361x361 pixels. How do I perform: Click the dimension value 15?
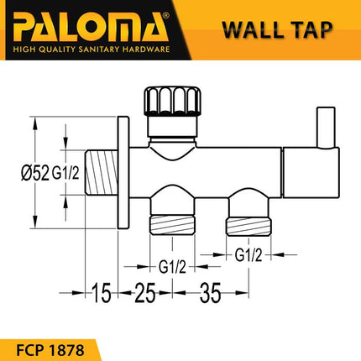pyautogui.click(x=102, y=296)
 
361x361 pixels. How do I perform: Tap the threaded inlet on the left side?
pyautogui.click(x=104, y=175)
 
